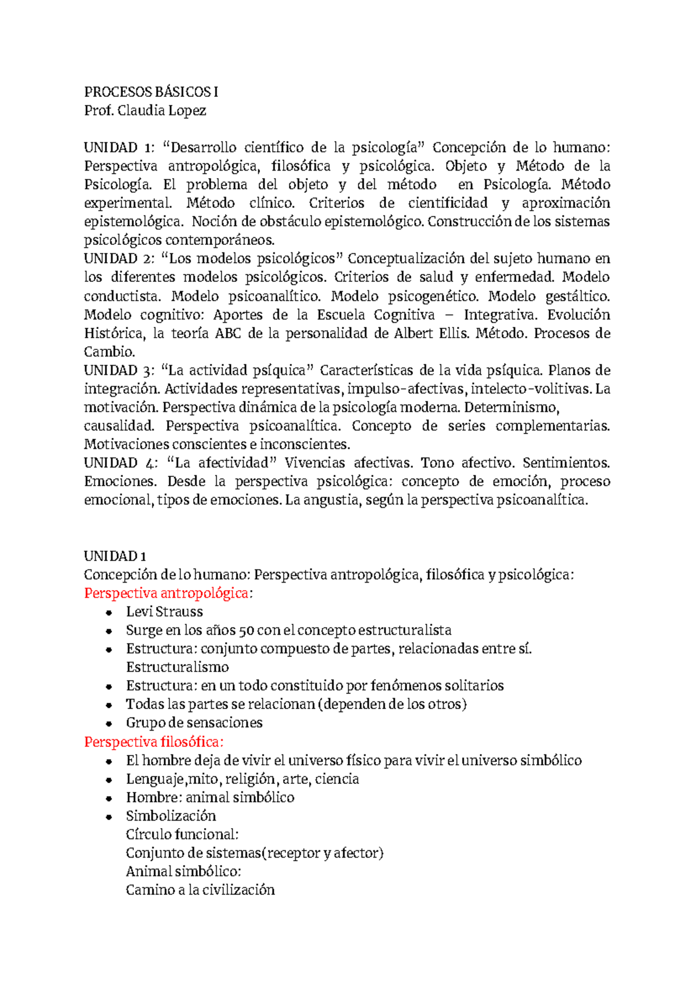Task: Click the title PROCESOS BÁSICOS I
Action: [x=151, y=92]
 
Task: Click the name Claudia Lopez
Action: [x=162, y=110]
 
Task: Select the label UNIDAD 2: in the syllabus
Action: [x=118, y=258]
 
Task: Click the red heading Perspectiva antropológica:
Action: [x=169, y=593]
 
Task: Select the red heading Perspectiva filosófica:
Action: [x=154, y=742]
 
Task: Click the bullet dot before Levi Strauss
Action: [x=108, y=613]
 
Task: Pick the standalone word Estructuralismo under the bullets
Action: [x=177, y=667]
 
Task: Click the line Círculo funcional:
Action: [x=182, y=834]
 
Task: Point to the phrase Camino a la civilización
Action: [x=200, y=890]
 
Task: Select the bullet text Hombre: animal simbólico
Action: [x=210, y=797]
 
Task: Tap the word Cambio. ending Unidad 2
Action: [x=110, y=352]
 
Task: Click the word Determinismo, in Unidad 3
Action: [x=510, y=407]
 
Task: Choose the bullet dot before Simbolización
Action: [x=108, y=817]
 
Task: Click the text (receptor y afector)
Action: [x=322, y=853]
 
